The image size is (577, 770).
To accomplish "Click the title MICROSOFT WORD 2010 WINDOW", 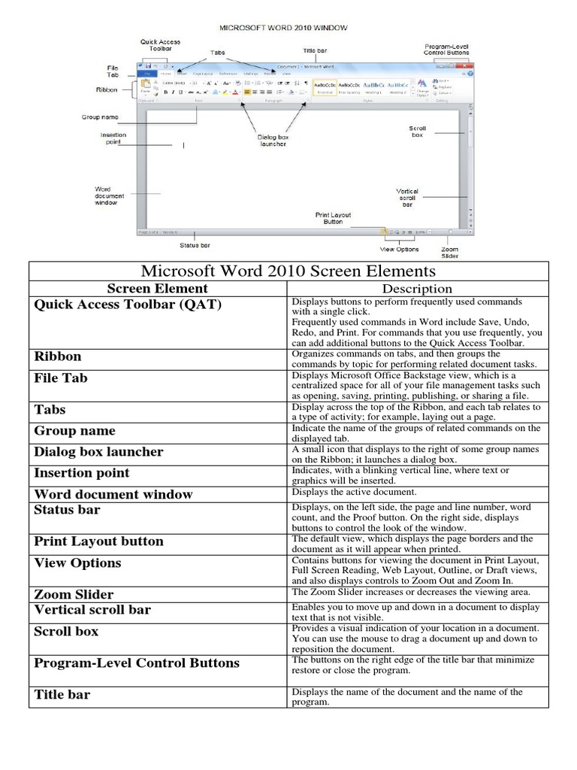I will [x=282, y=28].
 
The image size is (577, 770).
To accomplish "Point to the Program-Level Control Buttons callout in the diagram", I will [x=446, y=49].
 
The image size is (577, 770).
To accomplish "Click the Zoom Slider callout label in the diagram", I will [x=449, y=253].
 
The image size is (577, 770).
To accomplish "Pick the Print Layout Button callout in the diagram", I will [x=333, y=218].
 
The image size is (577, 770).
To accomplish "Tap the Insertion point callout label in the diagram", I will [x=113, y=139].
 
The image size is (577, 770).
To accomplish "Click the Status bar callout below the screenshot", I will [x=195, y=245].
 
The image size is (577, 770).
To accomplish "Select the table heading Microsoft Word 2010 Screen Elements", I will [x=288, y=271].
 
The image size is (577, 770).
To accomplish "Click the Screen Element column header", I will [x=157, y=288].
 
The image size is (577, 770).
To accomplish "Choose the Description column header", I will [x=417, y=289].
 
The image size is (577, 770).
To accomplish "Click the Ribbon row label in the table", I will [x=58, y=356].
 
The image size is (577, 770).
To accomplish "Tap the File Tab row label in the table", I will [x=61, y=377].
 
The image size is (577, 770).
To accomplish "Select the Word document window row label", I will [x=113, y=494].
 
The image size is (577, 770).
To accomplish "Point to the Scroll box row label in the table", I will [x=66, y=631].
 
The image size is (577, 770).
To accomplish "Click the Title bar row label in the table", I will [x=62, y=695].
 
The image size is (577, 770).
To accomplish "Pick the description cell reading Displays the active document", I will [x=354, y=492].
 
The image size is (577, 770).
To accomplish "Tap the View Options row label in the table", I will [x=77, y=562].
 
